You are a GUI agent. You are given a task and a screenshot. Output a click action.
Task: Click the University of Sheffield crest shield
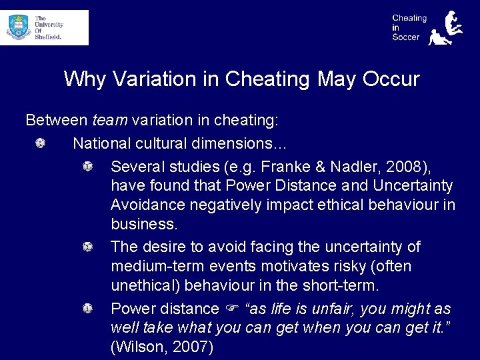(18, 27)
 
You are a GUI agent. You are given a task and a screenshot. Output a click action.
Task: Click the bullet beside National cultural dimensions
(41, 143)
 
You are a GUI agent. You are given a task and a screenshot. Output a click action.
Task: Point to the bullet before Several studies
(87, 165)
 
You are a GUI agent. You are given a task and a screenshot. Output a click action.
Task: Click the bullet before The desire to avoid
(87, 247)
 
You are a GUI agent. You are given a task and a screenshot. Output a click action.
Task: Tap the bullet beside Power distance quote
(87, 309)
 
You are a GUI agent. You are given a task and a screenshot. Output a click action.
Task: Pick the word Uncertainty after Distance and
(413, 185)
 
